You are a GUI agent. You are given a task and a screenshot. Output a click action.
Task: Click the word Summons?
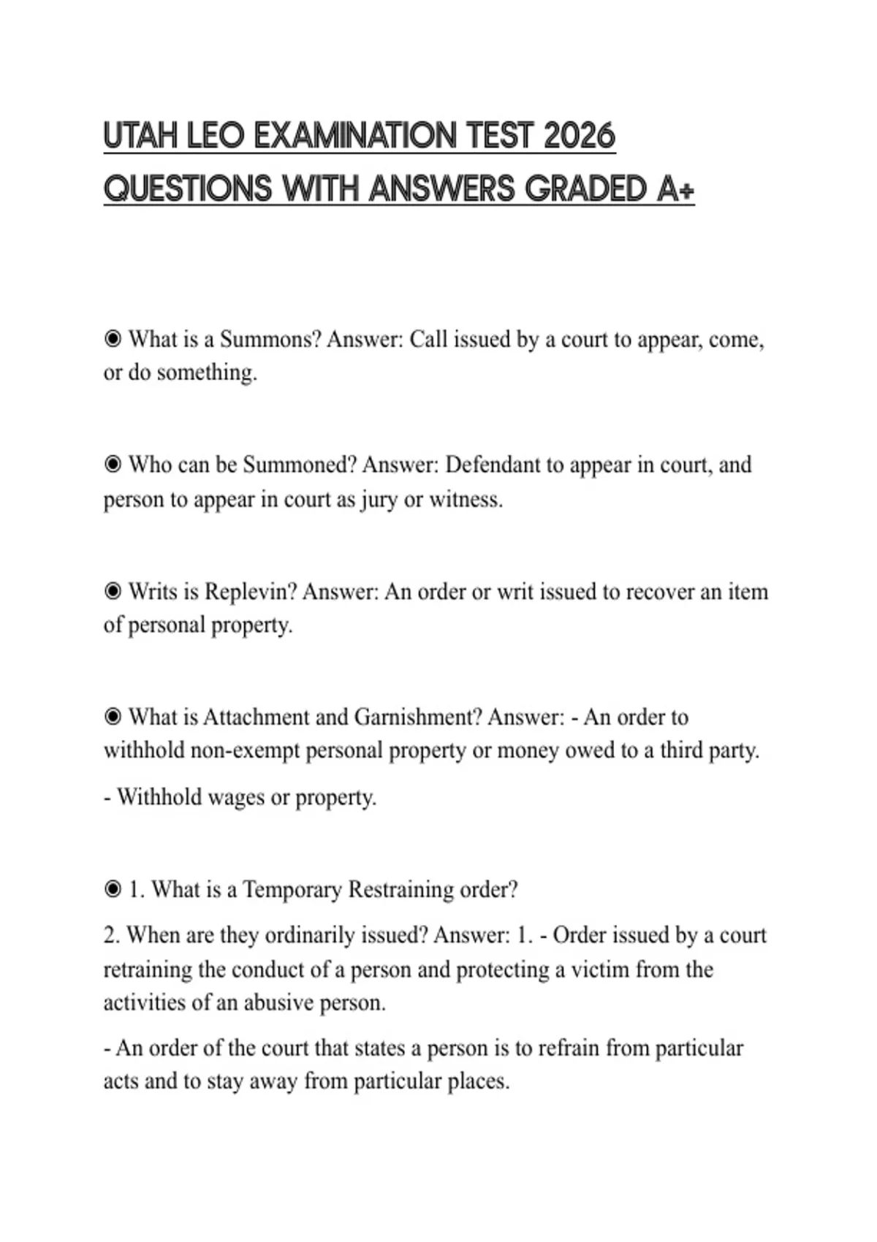[x=270, y=340]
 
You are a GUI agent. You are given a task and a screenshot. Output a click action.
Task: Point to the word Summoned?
[x=299, y=465]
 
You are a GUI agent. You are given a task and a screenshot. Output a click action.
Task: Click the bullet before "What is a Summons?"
[x=113, y=340]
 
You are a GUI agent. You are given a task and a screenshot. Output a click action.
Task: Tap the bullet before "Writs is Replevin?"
[x=113, y=591]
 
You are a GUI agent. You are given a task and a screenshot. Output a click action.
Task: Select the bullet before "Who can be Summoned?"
[x=113, y=465]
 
